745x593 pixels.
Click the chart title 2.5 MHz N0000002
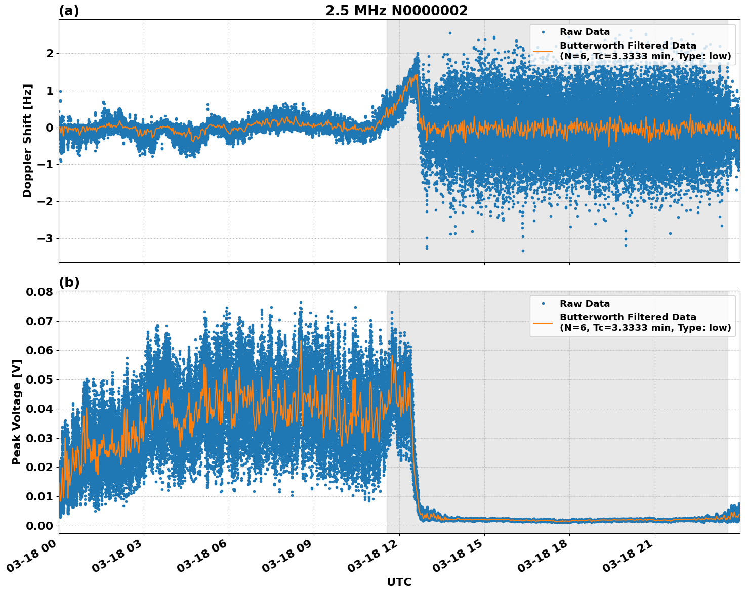pos(396,11)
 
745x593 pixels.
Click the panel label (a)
pos(69,11)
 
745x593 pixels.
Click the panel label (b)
pos(69,282)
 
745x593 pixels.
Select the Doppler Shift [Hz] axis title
pos(27,141)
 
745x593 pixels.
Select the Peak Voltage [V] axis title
pos(17,412)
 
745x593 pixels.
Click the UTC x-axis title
pos(399,582)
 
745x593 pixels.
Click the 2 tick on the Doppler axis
pos(49,53)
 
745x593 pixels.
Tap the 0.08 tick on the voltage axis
pos(39,292)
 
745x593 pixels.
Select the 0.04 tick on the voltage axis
pos(39,409)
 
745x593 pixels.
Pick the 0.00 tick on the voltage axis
pos(39,526)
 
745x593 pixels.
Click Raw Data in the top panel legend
pos(585,32)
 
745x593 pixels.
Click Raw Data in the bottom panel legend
pos(585,304)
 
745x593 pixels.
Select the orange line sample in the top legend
pos(543,51)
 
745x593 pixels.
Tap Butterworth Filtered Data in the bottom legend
pos(628,317)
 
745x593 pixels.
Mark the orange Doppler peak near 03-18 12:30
pos(416,75)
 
